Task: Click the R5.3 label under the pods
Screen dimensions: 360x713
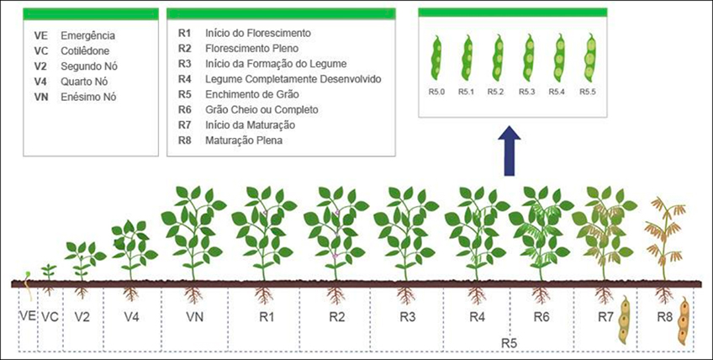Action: [x=526, y=92]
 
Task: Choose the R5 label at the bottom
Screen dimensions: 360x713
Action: [x=509, y=342]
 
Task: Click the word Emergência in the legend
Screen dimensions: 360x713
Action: [x=88, y=36]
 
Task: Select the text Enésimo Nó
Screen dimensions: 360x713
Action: [x=89, y=97]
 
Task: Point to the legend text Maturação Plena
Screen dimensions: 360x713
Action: [x=244, y=140]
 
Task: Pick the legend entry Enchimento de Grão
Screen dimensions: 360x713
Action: [x=250, y=94]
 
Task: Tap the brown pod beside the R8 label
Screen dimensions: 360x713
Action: [x=684, y=322]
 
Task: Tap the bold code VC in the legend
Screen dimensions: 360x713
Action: [x=41, y=51]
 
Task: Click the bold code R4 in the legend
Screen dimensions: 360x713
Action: [x=185, y=79]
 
